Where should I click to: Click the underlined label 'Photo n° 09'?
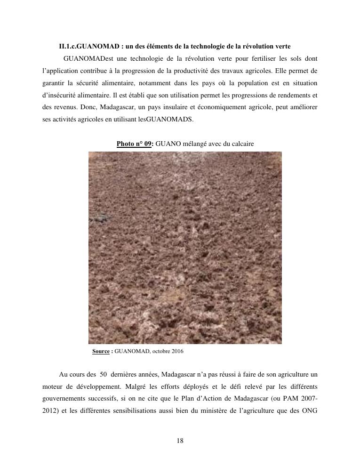click(x=134, y=144)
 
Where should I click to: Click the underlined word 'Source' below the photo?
click(x=101, y=351)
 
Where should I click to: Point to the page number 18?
click(x=180, y=441)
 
